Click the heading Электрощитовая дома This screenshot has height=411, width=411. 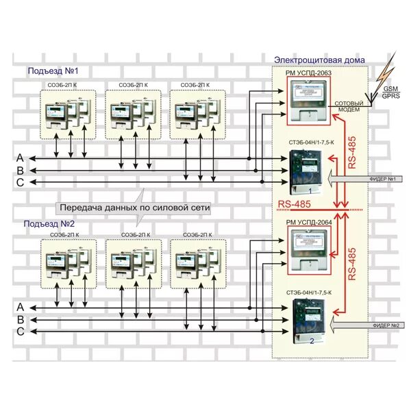coord(319,60)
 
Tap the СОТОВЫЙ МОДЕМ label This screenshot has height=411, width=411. coord(353,107)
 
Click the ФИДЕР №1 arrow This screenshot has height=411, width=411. coord(366,179)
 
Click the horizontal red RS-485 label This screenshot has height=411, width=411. coord(295,204)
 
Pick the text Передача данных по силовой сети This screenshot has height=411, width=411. coord(134,207)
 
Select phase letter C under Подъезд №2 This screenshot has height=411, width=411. coord(21,332)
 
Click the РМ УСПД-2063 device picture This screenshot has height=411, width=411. coord(308,99)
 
